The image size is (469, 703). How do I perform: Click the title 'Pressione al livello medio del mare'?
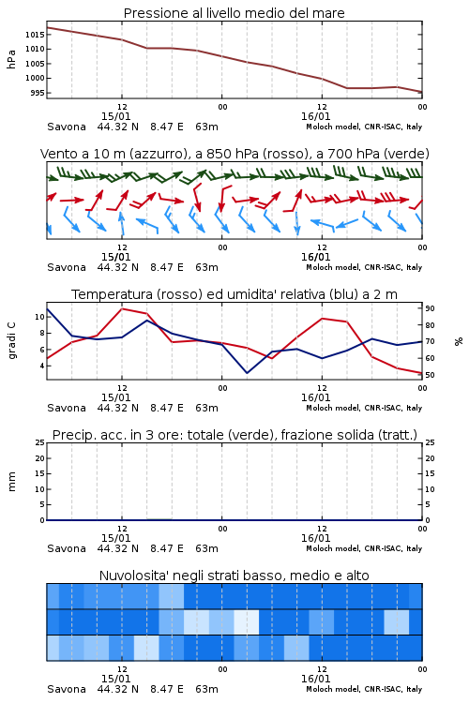pos(234,13)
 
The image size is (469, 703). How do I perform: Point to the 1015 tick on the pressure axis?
pos(34,35)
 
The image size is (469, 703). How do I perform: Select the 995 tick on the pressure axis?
pos(37,93)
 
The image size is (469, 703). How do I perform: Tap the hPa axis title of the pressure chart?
pos(11,59)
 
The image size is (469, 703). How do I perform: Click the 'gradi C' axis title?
pos(12,340)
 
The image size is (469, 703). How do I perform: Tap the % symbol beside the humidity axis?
pos(459,341)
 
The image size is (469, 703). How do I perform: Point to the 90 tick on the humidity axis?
pos(430,308)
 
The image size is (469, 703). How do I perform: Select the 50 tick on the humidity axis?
pos(430,375)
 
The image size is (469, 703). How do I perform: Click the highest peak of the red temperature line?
pos(122,308)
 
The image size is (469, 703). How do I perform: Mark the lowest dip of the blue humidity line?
pos(247,373)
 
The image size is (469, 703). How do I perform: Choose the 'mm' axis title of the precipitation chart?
pos(11,481)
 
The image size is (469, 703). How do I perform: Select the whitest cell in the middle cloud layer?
pos(247,621)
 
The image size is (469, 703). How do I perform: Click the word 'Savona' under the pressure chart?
pos(67,127)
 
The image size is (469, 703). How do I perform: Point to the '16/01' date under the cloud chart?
pos(315,679)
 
